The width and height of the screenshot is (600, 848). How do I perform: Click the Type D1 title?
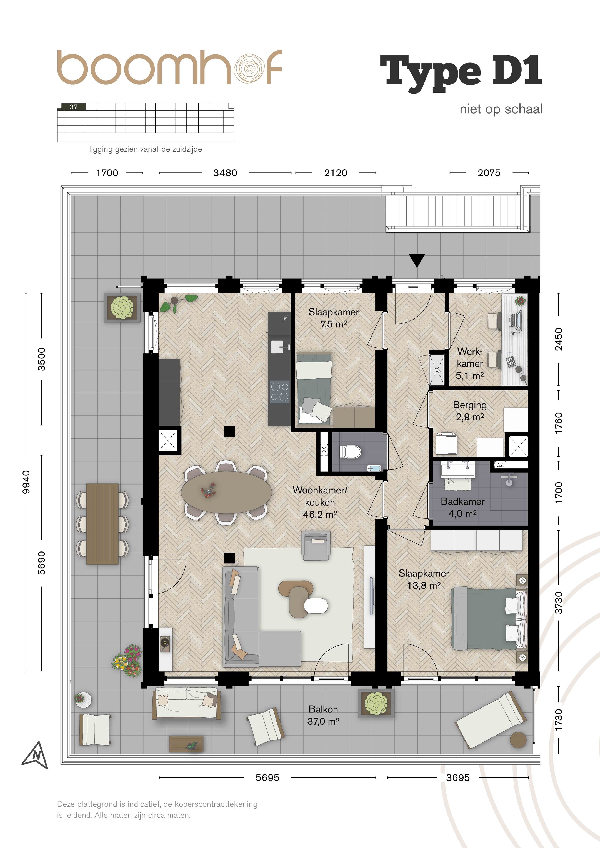tap(461, 71)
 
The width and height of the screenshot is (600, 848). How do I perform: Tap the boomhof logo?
tap(169, 67)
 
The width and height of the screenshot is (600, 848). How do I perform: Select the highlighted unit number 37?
tap(74, 107)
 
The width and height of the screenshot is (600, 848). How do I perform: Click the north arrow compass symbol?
tap(36, 755)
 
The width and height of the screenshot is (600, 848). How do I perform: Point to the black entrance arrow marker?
tap(417, 261)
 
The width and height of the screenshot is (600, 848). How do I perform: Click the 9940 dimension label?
tap(26, 482)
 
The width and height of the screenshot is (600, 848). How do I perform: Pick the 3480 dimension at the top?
tap(225, 173)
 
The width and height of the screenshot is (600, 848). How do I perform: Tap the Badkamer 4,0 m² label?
tap(462, 507)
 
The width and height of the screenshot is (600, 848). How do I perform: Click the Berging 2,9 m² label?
tap(469, 410)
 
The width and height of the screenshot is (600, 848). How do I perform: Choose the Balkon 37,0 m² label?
tap(323, 715)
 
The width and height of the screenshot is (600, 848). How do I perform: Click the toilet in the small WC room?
tap(349, 451)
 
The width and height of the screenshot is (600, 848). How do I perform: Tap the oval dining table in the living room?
tap(226, 492)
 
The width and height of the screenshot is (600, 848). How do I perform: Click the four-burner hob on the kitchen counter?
tap(280, 392)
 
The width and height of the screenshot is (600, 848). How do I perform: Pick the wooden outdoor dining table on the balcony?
tap(102, 524)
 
